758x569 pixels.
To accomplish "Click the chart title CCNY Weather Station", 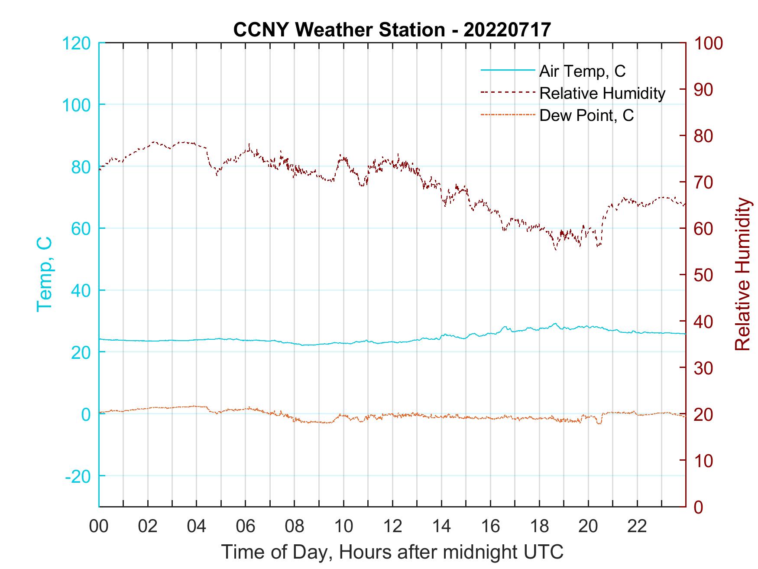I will tap(392, 29).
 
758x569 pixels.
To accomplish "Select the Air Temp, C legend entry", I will tap(582, 71).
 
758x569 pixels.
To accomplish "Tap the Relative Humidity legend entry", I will tap(602, 93).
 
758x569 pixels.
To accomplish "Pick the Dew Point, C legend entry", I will tap(586, 115).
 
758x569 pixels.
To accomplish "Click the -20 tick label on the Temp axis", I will tap(78, 476).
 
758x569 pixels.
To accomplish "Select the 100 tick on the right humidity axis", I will tap(708, 43).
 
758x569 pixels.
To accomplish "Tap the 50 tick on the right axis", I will tap(703, 275).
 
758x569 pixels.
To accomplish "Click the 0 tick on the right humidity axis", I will tap(698, 507).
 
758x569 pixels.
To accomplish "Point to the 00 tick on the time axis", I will tap(99, 527).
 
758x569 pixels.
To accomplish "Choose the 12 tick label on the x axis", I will tap(392, 527).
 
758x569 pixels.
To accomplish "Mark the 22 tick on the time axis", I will tap(637, 527).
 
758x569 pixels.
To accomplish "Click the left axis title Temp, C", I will tap(45, 274).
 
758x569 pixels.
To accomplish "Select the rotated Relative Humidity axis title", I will tap(742, 274).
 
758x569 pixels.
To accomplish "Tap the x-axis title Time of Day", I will tap(392, 552).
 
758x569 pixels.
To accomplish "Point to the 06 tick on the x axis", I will tap(246, 527).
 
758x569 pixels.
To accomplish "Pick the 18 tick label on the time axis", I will tap(539, 527).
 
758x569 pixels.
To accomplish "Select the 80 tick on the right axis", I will tap(703, 136).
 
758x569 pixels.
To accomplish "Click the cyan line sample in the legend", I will tap(508, 70).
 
